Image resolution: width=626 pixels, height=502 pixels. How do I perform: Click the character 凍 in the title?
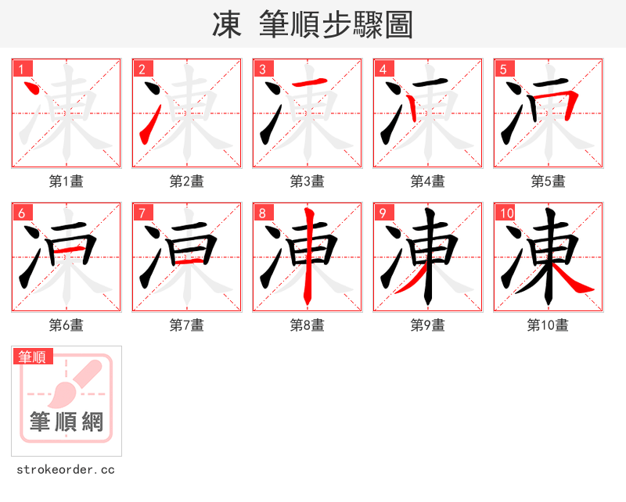coord(227,25)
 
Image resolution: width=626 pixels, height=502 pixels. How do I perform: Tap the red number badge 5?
coord(503,69)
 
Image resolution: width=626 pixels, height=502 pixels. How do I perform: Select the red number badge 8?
coord(262,213)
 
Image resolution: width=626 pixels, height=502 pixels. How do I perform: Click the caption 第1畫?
coord(67,181)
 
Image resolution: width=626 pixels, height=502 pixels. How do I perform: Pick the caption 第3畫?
coord(308,181)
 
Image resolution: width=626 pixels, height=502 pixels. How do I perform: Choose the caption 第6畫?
coord(67,325)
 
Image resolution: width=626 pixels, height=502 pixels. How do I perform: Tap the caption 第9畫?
coord(428,325)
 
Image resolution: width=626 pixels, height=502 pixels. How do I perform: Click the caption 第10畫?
coord(549,325)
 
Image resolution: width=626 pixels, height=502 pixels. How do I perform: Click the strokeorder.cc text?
coord(66,470)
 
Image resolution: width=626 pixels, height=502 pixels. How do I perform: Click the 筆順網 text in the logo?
coord(67,422)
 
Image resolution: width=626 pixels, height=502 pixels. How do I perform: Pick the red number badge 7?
coord(142,213)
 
